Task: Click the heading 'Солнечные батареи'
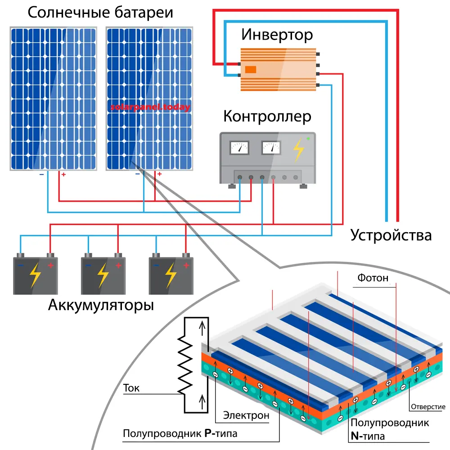pyautogui.click(x=100, y=12)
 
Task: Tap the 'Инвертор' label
pyautogui.click(x=277, y=34)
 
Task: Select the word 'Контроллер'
pyautogui.click(x=267, y=117)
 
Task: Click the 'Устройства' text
pyautogui.click(x=391, y=235)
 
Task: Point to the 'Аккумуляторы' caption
pyautogui.click(x=100, y=306)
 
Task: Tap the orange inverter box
pyautogui.click(x=278, y=69)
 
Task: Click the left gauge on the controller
pyautogui.click(x=239, y=148)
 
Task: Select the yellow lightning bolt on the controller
pyautogui.click(x=298, y=150)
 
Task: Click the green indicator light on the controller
pyautogui.click(x=308, y=139)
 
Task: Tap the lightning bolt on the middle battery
pyautogui.click(x=103, y=276)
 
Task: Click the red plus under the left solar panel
pyautogui.click(x=63, y=174)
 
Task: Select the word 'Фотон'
pyautogui.click(x=373, y=278)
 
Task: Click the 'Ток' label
pyautogui.click(x=131, y=388)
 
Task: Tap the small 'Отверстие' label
pyautogui.click(x=427, y=407)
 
